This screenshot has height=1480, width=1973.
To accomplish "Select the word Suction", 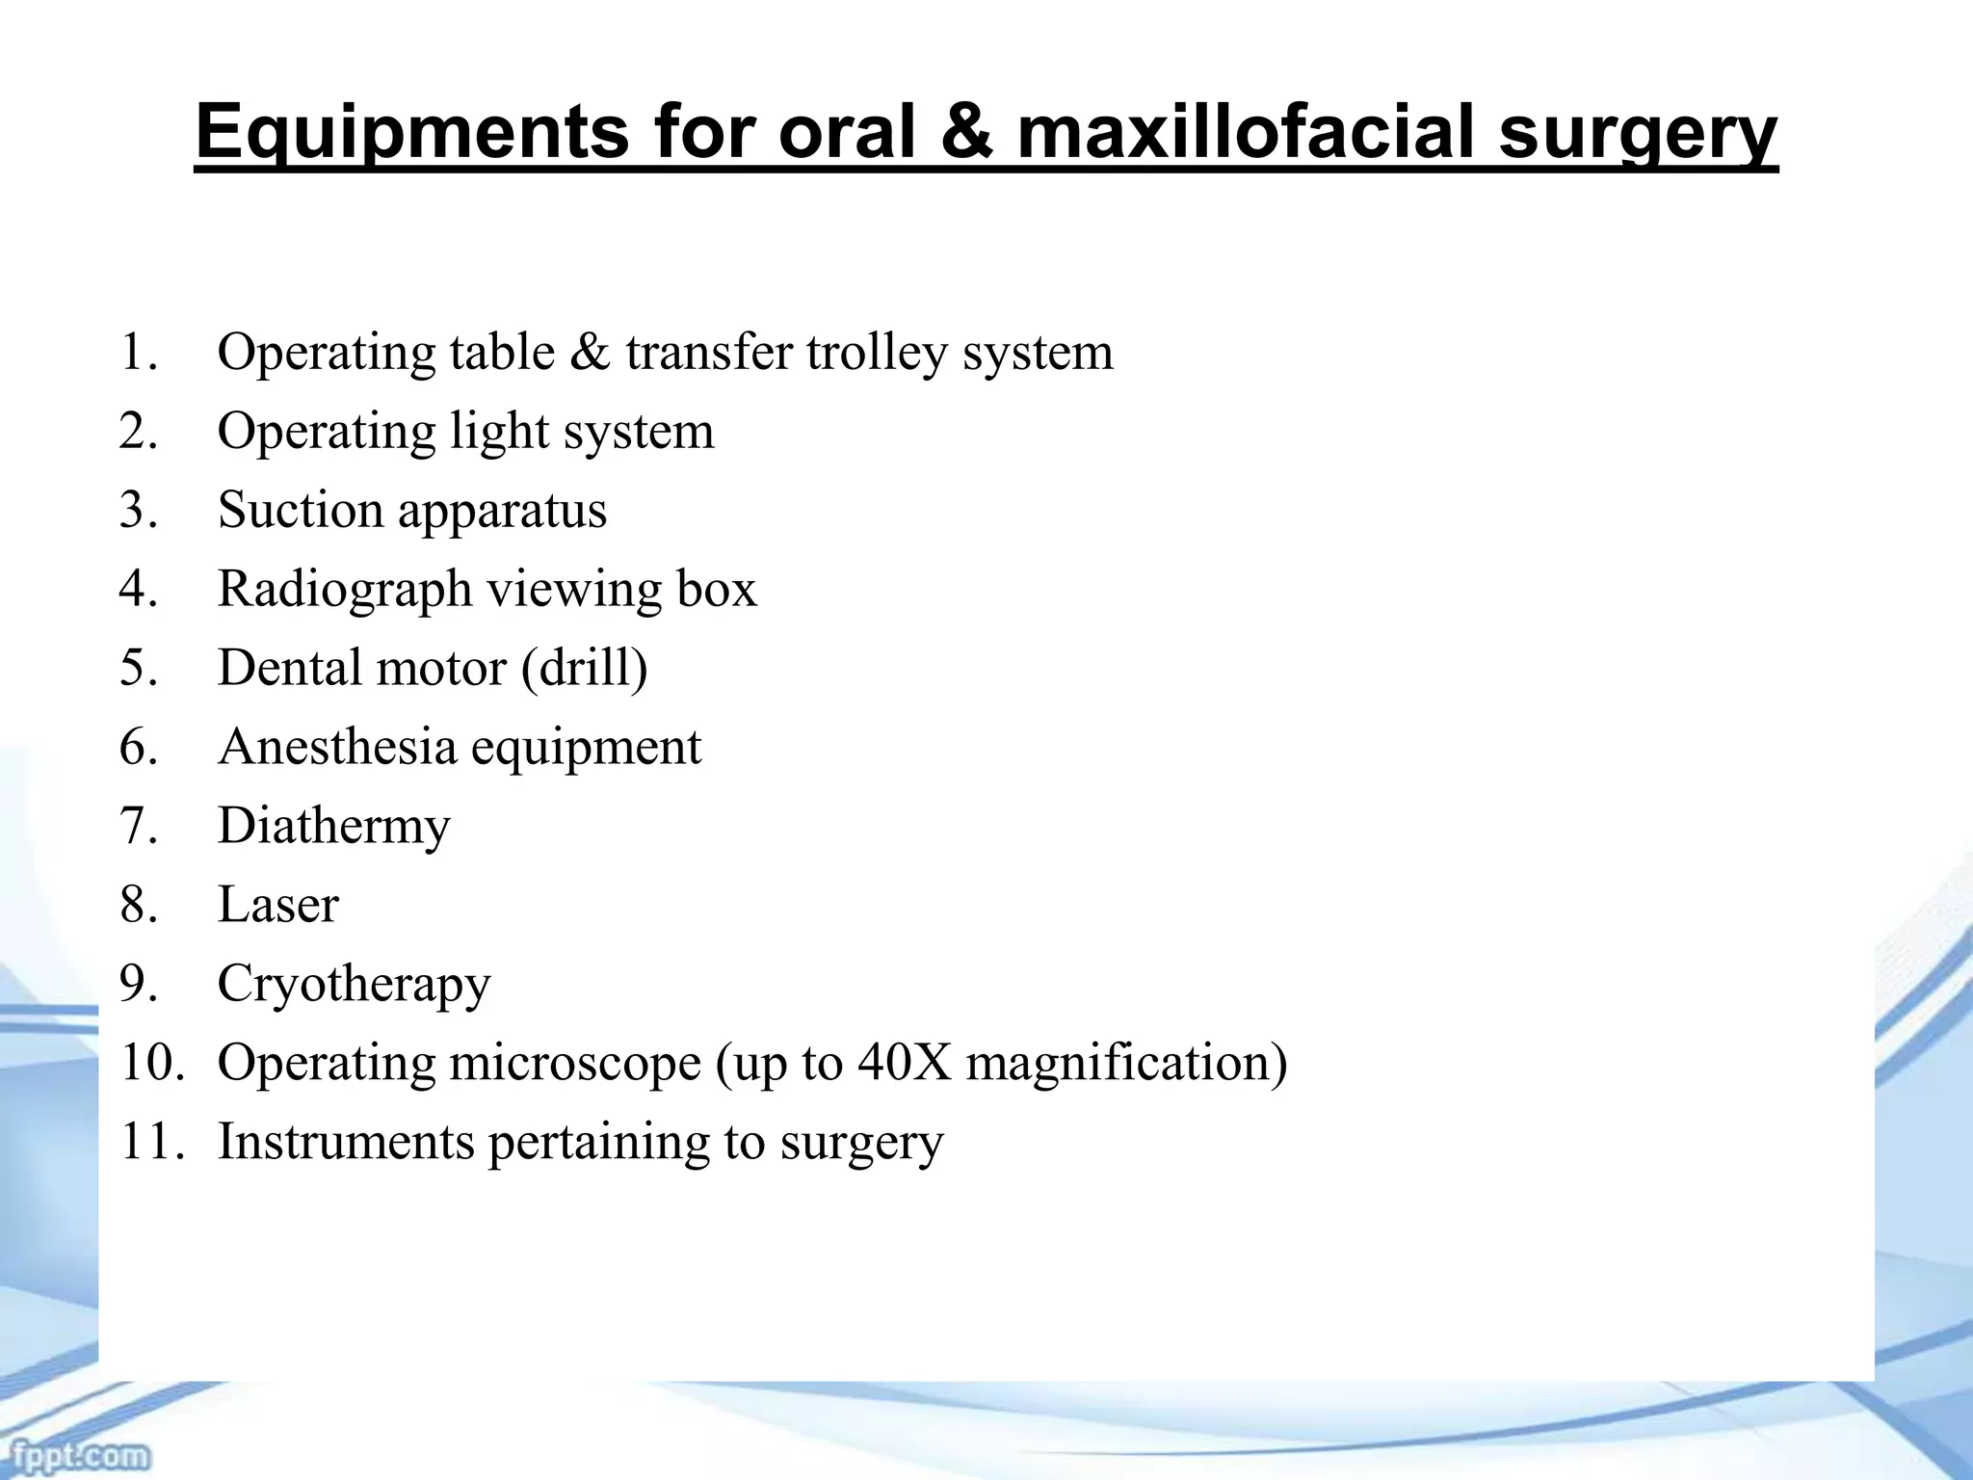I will tap(300, 510).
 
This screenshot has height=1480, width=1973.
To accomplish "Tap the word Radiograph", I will tap(344, 590).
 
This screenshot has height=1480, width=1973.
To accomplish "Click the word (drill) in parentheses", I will tap(584, 668).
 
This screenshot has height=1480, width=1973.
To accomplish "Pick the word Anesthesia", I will tap(336, 747).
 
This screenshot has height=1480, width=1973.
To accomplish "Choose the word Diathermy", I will tap(333, 827).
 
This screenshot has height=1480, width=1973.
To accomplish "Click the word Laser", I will tap(277, 905).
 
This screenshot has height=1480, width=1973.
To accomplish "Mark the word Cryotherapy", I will tap(354, 985).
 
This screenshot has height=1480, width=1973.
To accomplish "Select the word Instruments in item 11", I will tap(346, 1142).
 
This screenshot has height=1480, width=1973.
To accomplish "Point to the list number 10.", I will tap(150, 1063).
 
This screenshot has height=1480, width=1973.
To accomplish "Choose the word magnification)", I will tap(1126, 1064).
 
